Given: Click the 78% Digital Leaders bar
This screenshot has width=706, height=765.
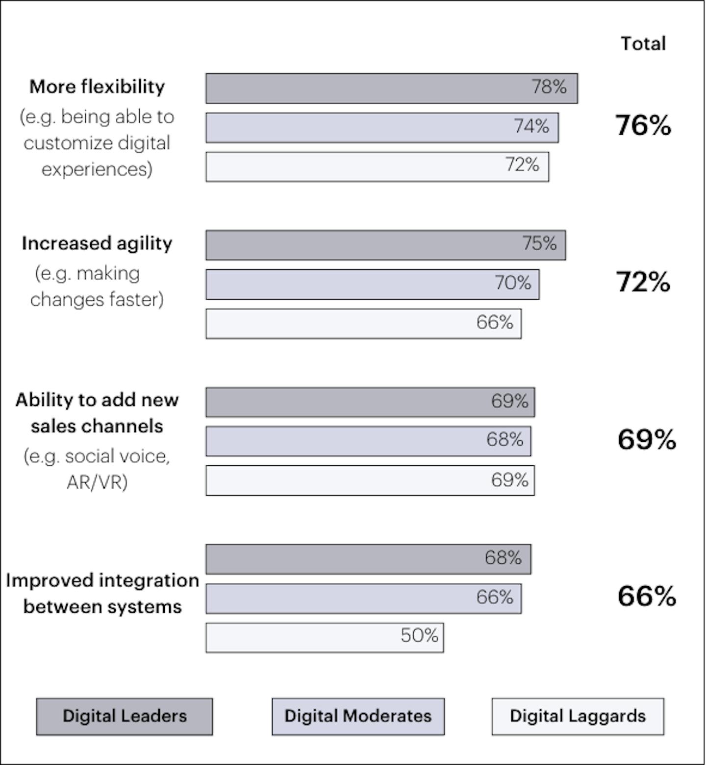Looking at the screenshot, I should (391, 89).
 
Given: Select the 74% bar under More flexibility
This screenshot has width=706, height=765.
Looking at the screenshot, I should (382, 128).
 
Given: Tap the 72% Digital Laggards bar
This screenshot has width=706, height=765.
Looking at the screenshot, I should (377, 167).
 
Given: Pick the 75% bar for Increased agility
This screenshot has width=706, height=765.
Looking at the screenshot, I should (385, 245).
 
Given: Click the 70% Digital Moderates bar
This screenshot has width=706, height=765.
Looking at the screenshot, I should (372, 285).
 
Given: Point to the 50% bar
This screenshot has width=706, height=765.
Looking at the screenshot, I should (325, 638).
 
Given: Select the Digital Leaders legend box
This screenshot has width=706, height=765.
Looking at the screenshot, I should (125, 717).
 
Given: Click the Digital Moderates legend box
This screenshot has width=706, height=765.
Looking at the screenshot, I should (358, 717).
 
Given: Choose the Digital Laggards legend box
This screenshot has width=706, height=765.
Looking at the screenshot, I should (578, 717).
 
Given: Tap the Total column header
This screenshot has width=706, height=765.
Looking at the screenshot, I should (643, 44).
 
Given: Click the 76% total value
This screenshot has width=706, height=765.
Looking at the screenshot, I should (643, 125).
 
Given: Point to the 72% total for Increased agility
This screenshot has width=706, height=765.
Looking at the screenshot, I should (643, 282).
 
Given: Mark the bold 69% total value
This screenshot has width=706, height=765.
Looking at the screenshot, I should (647, 439).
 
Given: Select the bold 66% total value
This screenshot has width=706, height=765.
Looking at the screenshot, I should (647, 597).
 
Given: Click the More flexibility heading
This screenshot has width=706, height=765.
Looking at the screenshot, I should (97, 87).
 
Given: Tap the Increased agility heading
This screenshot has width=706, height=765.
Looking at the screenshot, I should (97, 243).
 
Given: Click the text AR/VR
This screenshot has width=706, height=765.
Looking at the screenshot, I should (97, 482).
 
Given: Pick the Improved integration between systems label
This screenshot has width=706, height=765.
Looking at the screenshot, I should (102, 594).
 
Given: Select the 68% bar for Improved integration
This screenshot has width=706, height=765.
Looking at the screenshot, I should (368, 559).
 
